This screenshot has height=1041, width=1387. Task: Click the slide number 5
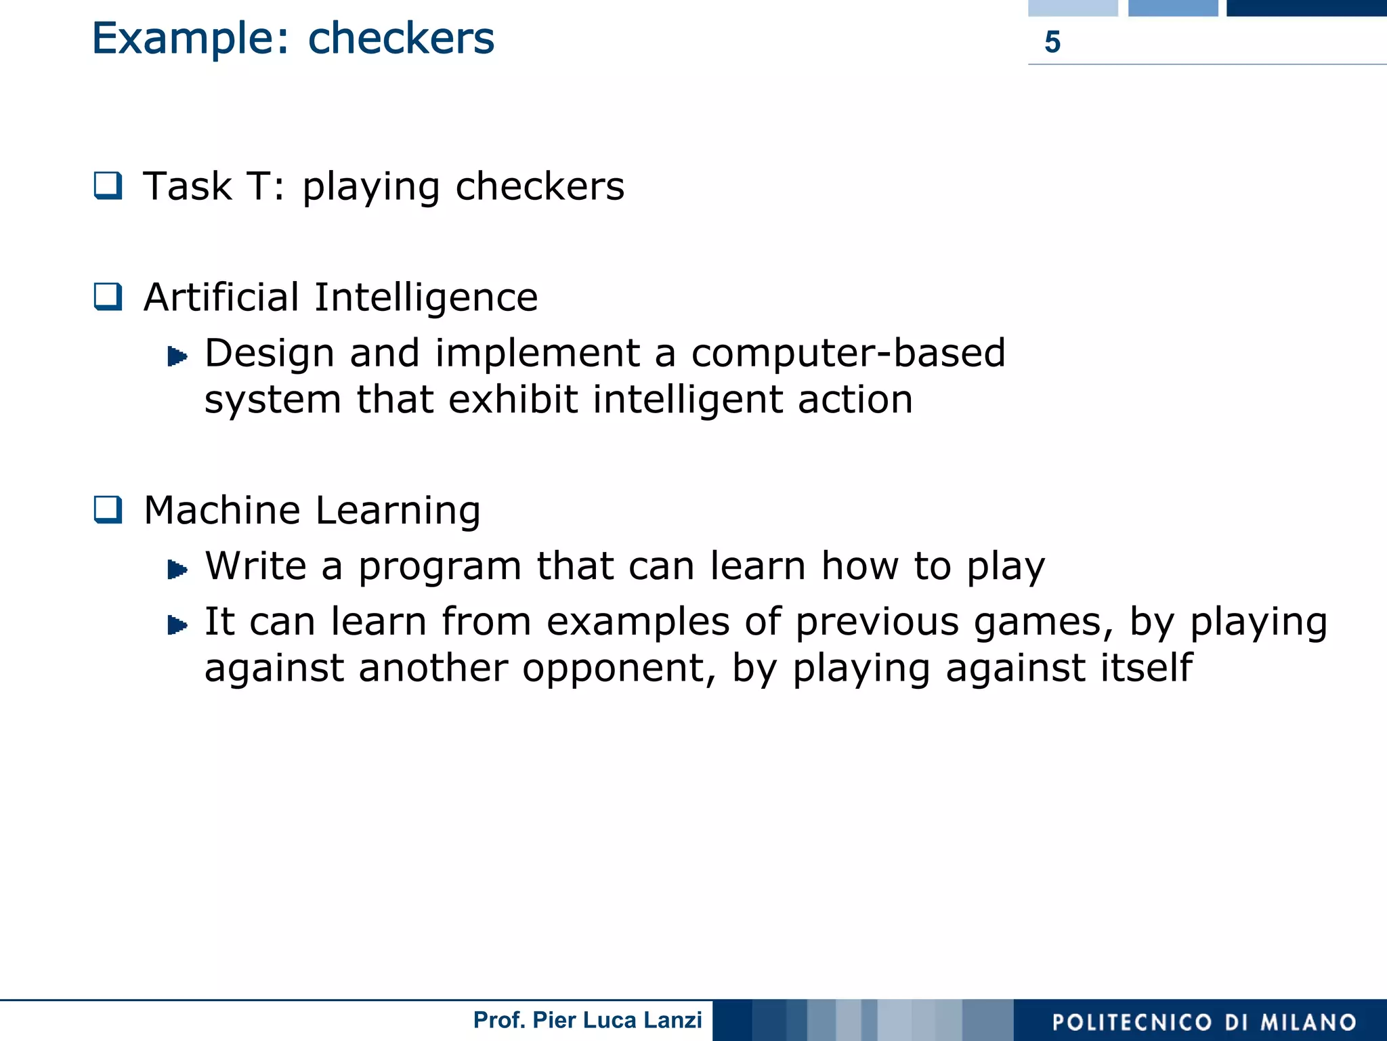[x=1052, y=42]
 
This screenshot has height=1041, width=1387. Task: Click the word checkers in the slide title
[x=401, y=39]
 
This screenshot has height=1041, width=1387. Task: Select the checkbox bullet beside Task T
[x=108, y=186]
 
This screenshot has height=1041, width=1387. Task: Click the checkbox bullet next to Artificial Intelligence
[x=108, y=297]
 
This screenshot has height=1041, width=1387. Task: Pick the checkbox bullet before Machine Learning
[x=108, y=509]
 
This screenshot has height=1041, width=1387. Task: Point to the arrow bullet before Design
[x=177, y=356]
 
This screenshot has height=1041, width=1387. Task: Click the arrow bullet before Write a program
[x=177, y=569]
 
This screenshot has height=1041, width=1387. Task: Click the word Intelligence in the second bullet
[x=426, y=298]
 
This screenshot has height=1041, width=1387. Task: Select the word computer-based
[x=848, y=353]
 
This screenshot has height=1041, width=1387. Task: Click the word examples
[x=638, y=623]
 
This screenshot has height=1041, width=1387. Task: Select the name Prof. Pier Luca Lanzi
[x=587, y=1020]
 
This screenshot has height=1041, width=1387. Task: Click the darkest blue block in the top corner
[x=1306, y=7]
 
